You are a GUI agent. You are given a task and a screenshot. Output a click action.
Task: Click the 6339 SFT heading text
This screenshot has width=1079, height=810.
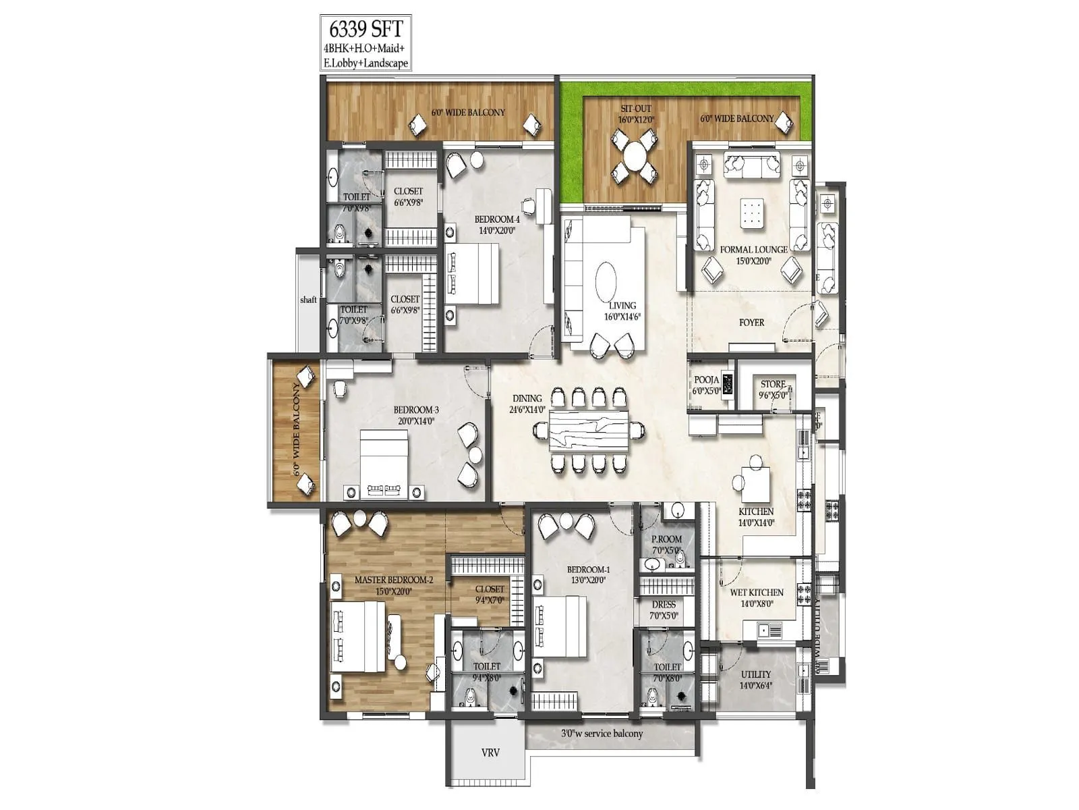click(x=365, y=30)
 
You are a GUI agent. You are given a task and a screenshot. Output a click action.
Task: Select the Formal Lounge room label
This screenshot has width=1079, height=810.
click(x=753, y=250)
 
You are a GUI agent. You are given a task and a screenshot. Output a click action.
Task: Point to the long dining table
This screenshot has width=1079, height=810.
click(x=589, y=430)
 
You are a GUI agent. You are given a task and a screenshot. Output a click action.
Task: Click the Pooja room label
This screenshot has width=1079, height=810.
click(x=706, y=380)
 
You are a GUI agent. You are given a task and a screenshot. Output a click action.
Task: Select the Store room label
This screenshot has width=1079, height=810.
click(x=773, y=385)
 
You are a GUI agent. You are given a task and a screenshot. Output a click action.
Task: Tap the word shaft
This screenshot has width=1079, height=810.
click(x=308, y=300)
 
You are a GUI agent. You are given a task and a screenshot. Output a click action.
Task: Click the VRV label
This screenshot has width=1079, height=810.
click(x=490, y=752)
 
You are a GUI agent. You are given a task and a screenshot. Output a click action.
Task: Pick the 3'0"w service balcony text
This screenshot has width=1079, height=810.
click(x=602, y=733)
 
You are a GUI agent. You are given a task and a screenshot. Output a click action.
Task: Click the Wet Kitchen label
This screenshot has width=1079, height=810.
click(x=757, y=593)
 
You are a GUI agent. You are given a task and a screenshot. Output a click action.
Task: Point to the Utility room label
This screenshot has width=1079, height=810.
click(x=755, y=674)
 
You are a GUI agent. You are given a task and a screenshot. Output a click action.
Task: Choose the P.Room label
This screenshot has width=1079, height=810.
click(x=666, y=539)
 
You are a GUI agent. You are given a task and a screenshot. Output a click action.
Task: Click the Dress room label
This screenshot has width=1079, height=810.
click(x=664, y=605)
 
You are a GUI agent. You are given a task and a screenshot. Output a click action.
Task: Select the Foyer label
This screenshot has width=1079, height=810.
click(x=751, y=323)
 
